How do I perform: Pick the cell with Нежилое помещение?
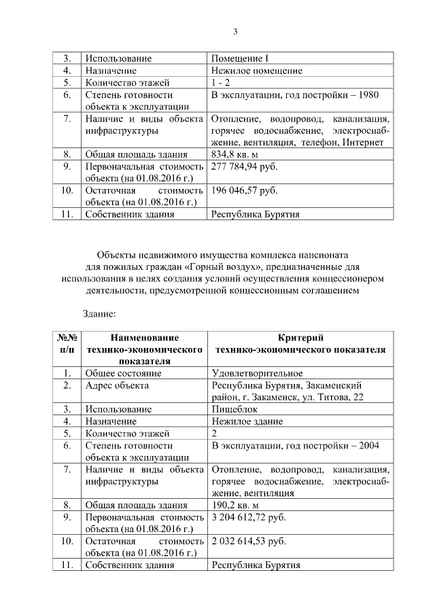256,71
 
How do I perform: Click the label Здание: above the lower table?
99,314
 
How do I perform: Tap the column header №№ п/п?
67,344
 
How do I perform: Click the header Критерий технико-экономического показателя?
300,344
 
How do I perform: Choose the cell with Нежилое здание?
247,421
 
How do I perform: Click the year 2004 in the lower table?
368,445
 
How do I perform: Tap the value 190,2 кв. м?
235,505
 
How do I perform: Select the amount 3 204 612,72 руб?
249,517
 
